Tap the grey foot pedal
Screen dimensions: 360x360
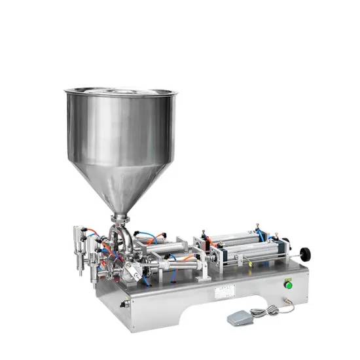[x=244, y=317]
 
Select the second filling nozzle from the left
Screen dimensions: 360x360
[x=95, y=275]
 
